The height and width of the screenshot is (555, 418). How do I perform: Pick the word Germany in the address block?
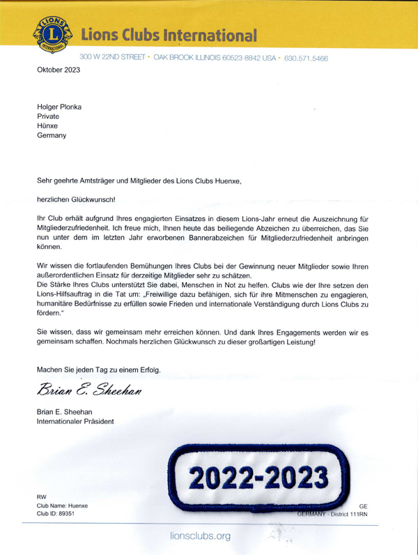click(x=52, y=136)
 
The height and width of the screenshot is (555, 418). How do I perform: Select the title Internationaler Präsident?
click(x=75, y=421)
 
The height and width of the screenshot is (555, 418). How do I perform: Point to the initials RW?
click(x=42, y=496)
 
